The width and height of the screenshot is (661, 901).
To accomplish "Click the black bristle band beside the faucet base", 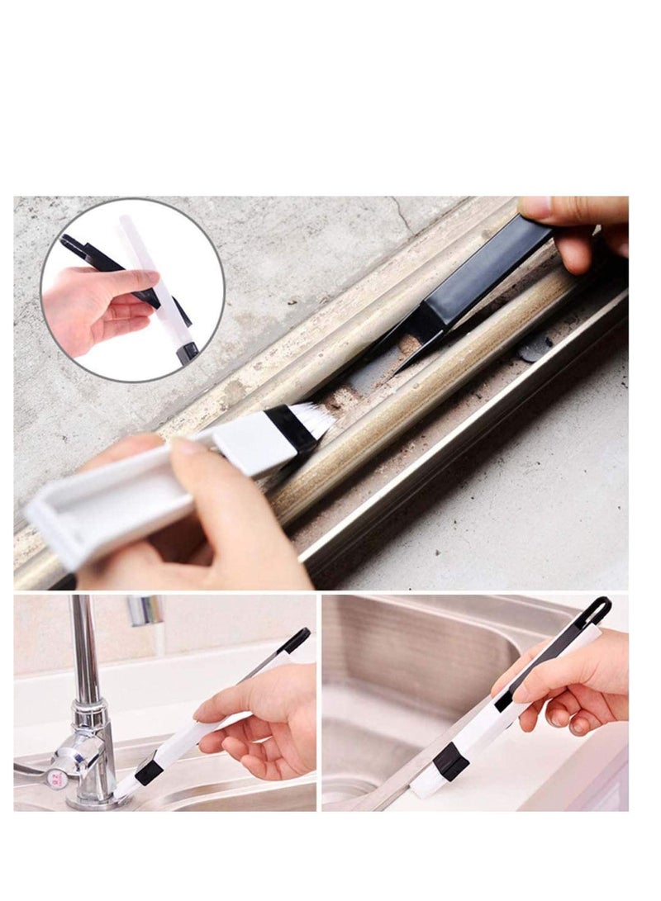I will coord(149,772).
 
